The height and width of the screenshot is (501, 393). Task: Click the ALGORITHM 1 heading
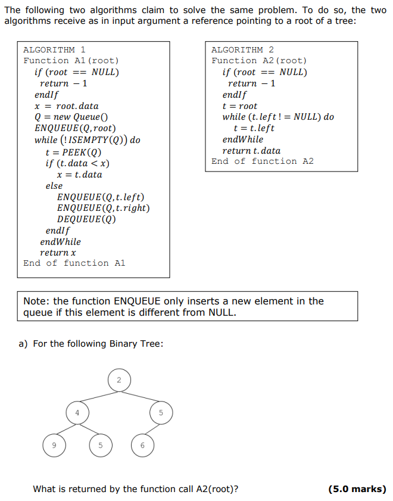pos(54,50)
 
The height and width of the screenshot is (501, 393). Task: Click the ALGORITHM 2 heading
pos(242,50)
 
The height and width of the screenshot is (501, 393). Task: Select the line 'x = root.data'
pos(67,106)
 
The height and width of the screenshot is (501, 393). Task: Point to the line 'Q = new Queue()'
pos(71,117)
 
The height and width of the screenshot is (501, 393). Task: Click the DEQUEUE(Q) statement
pos(86,219)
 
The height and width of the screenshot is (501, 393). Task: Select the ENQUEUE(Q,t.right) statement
pos(103,208)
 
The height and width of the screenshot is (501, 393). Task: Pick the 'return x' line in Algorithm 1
pos(58,253)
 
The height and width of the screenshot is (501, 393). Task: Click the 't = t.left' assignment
pos(254,128)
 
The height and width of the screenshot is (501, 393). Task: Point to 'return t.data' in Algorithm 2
pos(251,151)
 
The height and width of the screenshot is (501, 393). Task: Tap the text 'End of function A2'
pos(263,161)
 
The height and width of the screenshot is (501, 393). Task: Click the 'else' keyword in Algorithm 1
pos(54,186)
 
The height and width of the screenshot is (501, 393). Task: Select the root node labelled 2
pos(118,379)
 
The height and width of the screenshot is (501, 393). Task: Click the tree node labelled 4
pos(77,412)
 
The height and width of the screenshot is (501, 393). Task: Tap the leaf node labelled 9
pos(53,445)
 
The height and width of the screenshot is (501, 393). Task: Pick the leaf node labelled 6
pos(142,445)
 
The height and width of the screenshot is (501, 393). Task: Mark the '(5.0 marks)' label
pos(357,489)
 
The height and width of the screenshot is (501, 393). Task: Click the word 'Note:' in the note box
pos(37,301)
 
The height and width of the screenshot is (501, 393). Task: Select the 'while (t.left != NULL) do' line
pos(278,117)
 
